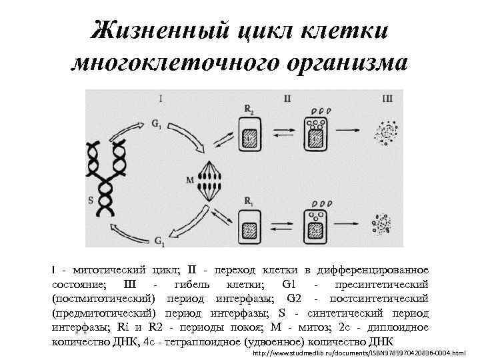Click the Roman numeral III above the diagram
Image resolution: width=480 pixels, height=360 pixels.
pyautogui.click(x=389, y=99)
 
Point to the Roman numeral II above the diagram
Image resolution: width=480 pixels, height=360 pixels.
pyautogui.click(x=287, y=99)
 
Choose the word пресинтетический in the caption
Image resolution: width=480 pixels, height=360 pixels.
pyautogui.click(x=383, y=284)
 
